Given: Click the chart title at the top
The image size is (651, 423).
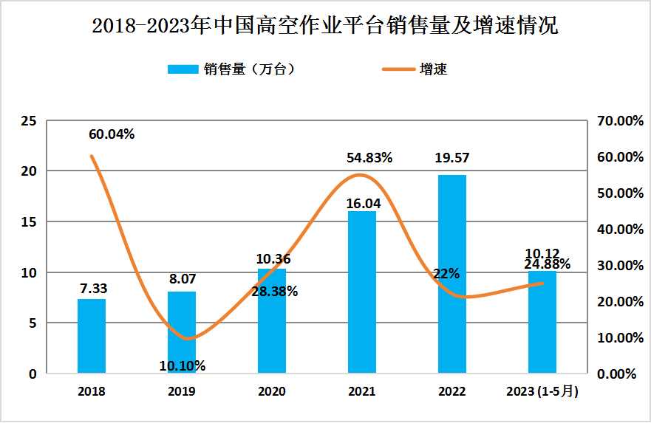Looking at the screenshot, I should (325, 27).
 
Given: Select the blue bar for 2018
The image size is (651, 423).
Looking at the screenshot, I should (92, 336).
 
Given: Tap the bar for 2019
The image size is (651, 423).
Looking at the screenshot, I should (182, 332).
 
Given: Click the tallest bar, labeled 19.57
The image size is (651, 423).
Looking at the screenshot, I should (452, 274).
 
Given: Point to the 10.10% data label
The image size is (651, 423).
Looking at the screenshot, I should (183, 365).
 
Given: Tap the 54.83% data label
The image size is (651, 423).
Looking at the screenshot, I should (369, 157).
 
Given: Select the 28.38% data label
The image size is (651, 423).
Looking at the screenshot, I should (275, 292).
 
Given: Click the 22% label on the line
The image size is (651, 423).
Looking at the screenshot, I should (447, 273).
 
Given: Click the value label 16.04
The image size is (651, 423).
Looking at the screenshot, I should (362, 203).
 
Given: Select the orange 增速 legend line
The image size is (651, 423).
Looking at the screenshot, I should (399, 69).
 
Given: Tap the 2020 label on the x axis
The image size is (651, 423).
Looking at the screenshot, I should (272, 391).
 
